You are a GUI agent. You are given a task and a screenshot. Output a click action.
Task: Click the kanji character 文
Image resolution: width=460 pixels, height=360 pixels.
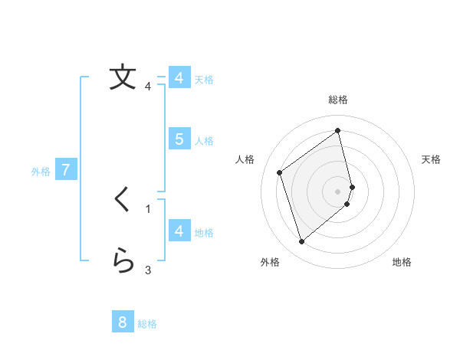pyautogui.click(x=122, y=77)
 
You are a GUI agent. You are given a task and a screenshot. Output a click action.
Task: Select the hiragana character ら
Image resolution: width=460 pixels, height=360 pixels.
pyautogui.click(x=122, y=261)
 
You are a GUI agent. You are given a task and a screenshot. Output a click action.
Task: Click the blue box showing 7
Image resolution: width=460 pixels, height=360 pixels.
pyautogui.click(x=66, y=170)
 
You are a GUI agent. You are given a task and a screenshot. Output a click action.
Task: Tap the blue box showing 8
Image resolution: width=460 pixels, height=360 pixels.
pyautogui.click(x=123, y=322)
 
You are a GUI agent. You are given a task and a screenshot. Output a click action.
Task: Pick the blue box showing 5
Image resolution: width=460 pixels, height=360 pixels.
pyautogui.click(x=179, y=139)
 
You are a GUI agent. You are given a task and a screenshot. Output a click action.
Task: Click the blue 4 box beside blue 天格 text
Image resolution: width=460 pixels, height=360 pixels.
pyautogui.click(x=179, y=78)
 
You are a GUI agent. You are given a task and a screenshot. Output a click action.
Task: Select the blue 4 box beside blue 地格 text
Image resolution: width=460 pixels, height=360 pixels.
pyautogui.click(x=179, y=231)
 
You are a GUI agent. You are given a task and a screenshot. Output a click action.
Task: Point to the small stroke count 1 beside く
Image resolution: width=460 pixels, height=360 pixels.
pyautogui.click(x=148, y=208)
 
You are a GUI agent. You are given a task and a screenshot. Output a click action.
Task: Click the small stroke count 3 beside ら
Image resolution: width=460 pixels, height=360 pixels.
pyautogui.click(x=148, y=270)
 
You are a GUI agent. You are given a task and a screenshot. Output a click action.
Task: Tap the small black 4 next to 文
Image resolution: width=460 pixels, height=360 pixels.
pyautogui.click(x=148, y=86)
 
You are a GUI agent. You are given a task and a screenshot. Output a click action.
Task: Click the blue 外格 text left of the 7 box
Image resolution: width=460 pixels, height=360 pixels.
pyautogui.click(x=41, y=172)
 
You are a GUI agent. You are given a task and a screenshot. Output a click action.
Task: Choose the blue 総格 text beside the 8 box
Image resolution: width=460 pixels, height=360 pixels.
pyautogui.click(x=147, y=324)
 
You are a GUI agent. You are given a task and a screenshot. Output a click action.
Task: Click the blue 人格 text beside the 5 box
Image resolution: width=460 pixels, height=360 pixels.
pyautogui.click(x=204, y=141)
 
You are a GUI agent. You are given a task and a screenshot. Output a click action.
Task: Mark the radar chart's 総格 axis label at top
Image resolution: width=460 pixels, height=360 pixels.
pyautogui.click(x=338, y=100)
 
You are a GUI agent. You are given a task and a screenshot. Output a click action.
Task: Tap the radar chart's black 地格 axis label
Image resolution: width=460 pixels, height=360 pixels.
pyautogui.click(x=402, y=262)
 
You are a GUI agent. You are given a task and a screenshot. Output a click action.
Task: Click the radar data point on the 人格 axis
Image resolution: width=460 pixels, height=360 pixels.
pyautogui.click(x=280, y=172)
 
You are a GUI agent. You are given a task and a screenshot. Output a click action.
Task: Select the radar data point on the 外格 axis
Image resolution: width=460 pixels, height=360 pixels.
pyautogui.click(x=301, y=242)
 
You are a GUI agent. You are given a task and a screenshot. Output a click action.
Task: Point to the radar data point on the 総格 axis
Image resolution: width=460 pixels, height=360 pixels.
pyautogui.click(x=338, y=130)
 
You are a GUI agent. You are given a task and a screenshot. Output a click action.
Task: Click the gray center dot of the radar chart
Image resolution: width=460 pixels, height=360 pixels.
pyautogui.click(x=338, y=191)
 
